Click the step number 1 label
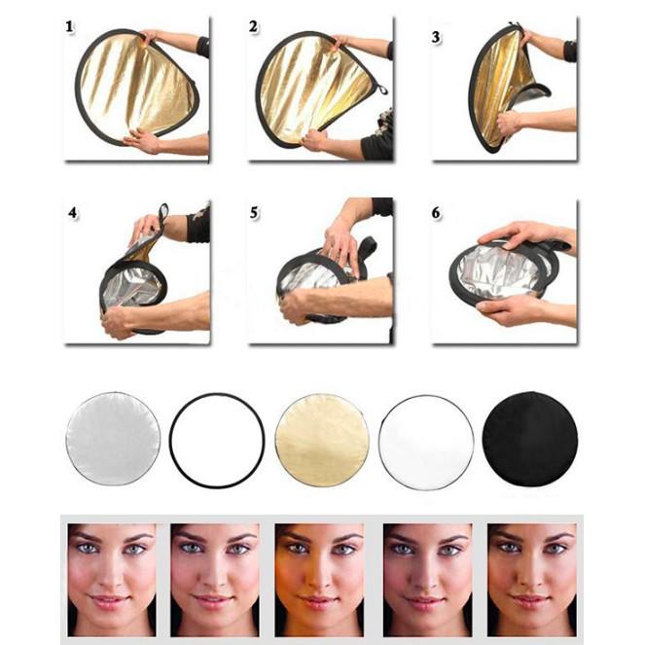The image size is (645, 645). click(x=69, y=27)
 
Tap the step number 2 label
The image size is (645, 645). click(x=253, y=26)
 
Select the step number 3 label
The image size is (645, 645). click(x=436, y=37)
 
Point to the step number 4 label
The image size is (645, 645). click(x=73, y=213)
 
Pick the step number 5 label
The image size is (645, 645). click(x=254, y=213)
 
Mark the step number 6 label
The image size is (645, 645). click(x=436, y=213)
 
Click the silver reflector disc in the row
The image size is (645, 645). click(x=113, y=439)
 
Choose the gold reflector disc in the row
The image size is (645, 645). click(x=322, y=440)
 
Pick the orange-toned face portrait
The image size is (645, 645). click(x=319, y=580)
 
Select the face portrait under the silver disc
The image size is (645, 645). click(x=112, y=580)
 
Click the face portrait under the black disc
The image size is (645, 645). click(x=531, y=580)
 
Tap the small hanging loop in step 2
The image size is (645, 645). click(x=382, y=90)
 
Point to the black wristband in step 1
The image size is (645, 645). click(x=202, y=48)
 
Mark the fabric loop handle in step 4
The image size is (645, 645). click(x=163, y=216)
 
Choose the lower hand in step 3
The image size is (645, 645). click(x=509, y=123)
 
